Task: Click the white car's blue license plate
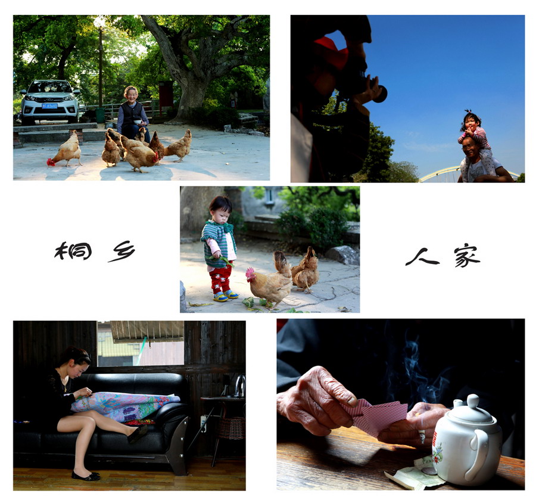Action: click(x=49, y=106)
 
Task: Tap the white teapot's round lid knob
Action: click(x=473, y=400)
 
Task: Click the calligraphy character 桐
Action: click(x=73, y=251)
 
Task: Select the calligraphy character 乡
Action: click(x=122, y=251)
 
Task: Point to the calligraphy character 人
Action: click(x=422, y=257)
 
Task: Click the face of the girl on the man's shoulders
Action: click(x=470, y=123)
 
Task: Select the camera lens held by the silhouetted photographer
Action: click(x=380, y=94)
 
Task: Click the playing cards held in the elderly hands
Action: click(x=376, y=417)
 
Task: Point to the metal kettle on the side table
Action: click(x=240, y=386)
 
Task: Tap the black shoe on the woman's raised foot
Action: click(x=138, y=433)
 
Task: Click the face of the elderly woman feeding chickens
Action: click(x=132, y=94)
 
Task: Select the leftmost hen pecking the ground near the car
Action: click(x=66, y=150)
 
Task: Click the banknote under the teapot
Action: click(x=415, y=474)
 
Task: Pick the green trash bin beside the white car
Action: click(x=100, y=115)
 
